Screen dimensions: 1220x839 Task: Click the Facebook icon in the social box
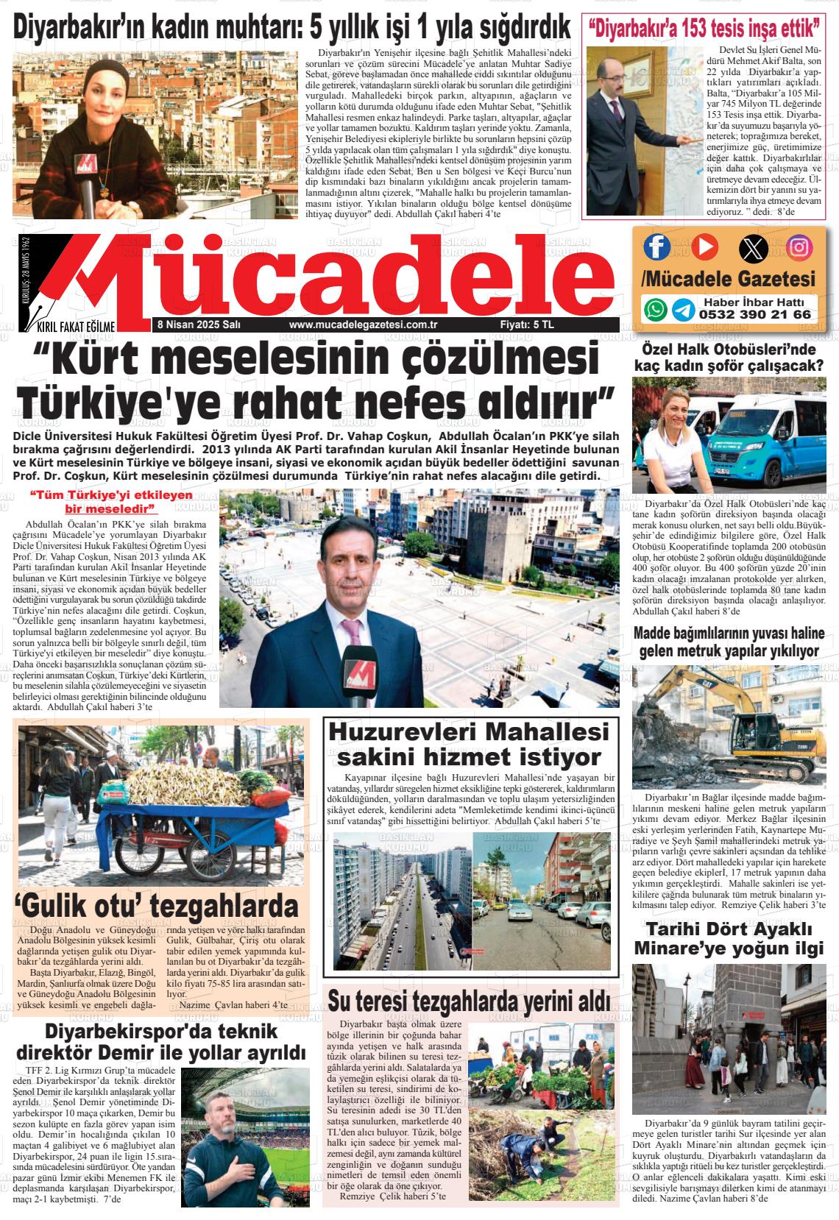tap(657, 247)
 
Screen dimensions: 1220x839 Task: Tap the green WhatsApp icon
tap(655, 309)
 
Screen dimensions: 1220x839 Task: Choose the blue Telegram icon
tap(683, 309)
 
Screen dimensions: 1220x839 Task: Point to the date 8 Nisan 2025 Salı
tap(194, 324)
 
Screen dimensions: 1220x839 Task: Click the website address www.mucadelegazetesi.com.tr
tap(364, 324)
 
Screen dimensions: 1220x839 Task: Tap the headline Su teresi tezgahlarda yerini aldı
tap(469, 1001)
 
